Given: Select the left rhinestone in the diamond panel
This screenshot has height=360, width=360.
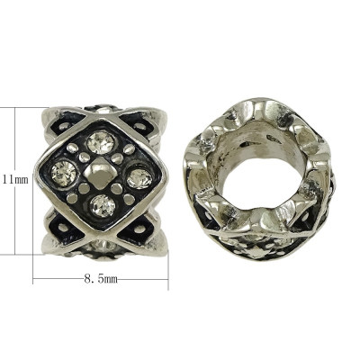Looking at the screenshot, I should [66, 170].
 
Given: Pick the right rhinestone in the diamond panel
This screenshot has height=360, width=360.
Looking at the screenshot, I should [139, 177].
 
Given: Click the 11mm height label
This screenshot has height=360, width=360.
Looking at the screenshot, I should [13, 180].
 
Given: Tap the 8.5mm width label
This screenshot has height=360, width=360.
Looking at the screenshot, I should [100, 281].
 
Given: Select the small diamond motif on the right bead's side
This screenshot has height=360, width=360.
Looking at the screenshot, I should [256, 255].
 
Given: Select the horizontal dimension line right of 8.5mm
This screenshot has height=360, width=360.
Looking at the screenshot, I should [144, 281].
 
